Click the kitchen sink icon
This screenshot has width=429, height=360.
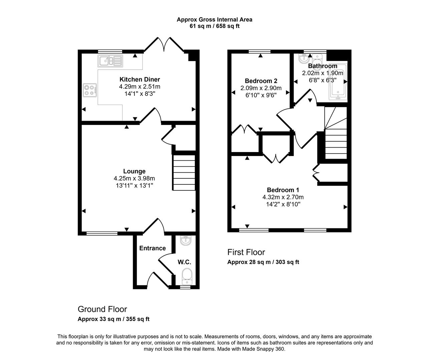110,61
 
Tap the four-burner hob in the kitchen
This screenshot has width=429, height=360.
90,90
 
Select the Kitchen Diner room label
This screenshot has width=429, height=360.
140,79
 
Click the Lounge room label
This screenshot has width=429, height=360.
134,171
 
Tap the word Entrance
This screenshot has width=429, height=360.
152,248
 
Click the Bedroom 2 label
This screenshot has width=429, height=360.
261,81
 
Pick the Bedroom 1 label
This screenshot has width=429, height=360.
283,190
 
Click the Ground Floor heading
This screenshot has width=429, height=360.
102,309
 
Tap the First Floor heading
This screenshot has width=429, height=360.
246,252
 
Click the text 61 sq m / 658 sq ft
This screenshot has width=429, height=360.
214,26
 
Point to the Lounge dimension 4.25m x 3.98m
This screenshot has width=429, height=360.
134,179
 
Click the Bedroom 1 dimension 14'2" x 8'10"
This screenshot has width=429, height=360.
283,204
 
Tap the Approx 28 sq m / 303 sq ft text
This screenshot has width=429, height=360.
263,262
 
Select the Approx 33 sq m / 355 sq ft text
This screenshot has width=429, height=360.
113,319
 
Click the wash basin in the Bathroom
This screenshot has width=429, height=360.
304,59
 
